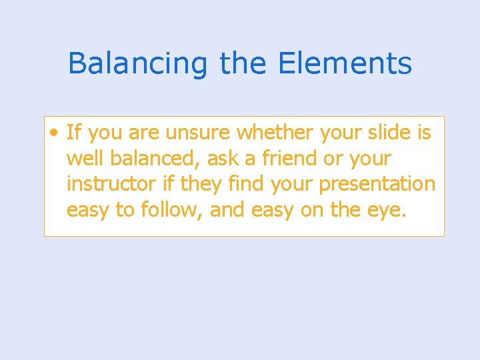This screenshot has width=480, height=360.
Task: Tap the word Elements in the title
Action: (x=345, y=63)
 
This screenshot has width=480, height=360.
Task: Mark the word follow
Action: (x=170, y=210)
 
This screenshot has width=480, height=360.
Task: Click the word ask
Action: (x=221, y=159)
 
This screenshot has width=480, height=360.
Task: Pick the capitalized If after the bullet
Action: (x=73, y=133)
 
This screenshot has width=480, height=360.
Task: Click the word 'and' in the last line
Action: (x=227, y=210)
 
